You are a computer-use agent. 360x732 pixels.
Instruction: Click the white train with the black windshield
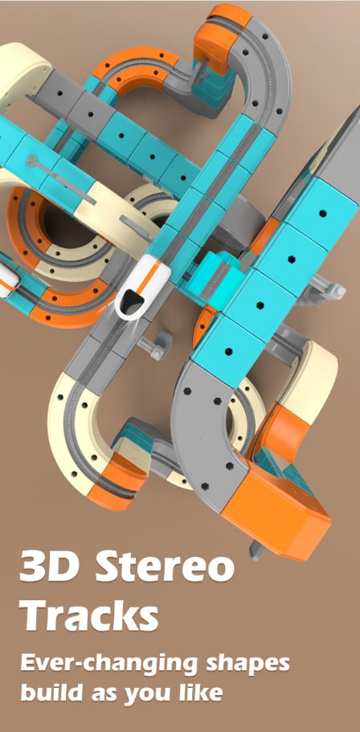(x=143, y=287)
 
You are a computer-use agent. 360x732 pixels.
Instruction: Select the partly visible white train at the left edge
(x=8, y=279)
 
